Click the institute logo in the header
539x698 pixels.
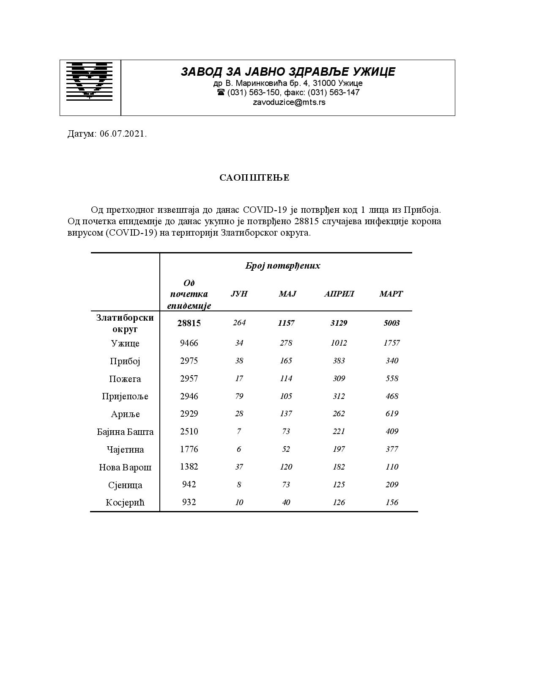[90, 81]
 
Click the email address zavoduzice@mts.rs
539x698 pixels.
[289, 102]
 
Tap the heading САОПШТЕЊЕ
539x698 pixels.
[254, 178]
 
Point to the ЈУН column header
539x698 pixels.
[239, 294]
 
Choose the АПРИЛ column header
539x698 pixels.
[339, 294]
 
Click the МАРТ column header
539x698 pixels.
[391, 294]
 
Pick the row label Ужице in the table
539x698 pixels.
[125, 343]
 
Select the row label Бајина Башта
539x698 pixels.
[125, 432]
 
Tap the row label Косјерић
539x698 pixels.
[125, 503]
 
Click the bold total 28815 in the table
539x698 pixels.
[189, 323]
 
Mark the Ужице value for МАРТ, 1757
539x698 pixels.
[391, 343]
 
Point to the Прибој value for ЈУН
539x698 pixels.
[239, 361]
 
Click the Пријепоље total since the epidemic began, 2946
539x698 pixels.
[189, 396]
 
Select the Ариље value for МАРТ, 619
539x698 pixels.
[391, 414]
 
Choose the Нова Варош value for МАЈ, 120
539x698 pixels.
[286, 467]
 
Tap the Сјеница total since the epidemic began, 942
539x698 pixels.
[189, 484]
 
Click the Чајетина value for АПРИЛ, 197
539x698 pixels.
[339, 449]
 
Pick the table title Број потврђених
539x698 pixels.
[283, 266]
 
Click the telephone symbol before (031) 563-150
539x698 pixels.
[221, 92]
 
